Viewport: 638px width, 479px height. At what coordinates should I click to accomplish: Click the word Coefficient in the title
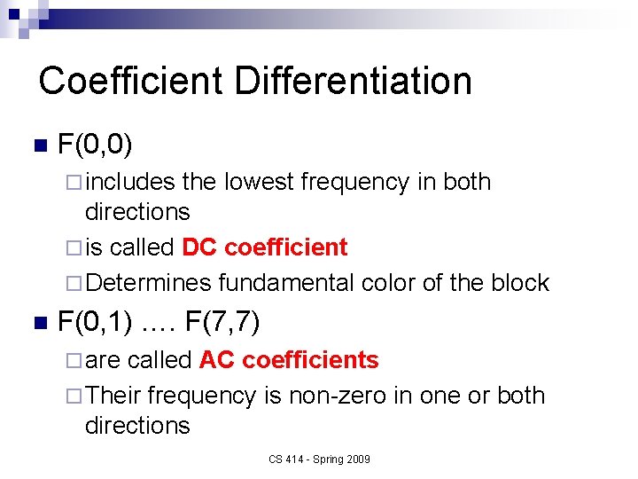click(x=131, y=81)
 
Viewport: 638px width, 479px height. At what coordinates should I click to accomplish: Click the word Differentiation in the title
click(x=353, y=81)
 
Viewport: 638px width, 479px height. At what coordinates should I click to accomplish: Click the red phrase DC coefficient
click(x=264, y=247)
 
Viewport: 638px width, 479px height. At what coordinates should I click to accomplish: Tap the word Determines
click(x=148, y=283)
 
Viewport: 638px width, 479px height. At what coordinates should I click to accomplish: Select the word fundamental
click(x=286, y=283)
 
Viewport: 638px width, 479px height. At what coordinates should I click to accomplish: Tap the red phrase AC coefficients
click(x=289, y=360)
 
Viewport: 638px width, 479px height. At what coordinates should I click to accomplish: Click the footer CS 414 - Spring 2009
click(x=319, y=459)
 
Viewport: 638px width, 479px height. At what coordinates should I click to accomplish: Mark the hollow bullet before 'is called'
click(x=74, y=247)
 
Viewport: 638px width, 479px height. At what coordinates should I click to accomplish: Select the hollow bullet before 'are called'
click(x=74, y=360)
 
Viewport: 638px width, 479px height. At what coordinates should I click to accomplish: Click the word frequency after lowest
click(x=355, y=182)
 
